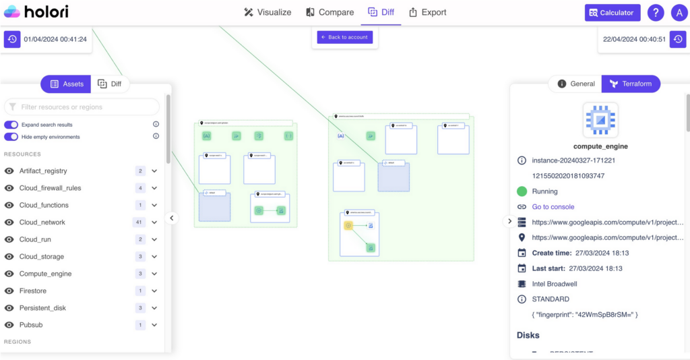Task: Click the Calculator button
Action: (x=612, y=12)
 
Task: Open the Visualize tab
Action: (x=268, y=12)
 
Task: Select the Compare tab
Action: (x=330, y=12)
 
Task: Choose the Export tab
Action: (x=427, y=12)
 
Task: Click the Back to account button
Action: (x=345, y=37)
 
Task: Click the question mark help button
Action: (x=655, y=12)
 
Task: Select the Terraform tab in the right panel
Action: (x=631, y=84)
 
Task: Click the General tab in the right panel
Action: (x=576, y=84)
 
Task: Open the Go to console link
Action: (x=553, y=207)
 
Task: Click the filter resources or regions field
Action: (x=82, y=107)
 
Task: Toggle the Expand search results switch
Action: (x=11, y=125)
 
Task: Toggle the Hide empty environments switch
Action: (x=11, y=137)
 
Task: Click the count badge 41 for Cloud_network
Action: (x=140, y=222)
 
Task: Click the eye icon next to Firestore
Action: (x=9, y=291)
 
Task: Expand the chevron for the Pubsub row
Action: (x=154, y=325)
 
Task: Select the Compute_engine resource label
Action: (x=45, y=274)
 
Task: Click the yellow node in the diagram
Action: (x=348, y=225)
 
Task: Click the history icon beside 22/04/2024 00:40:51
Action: (x=678, y=39)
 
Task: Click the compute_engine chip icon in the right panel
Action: (x=600, y=119)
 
